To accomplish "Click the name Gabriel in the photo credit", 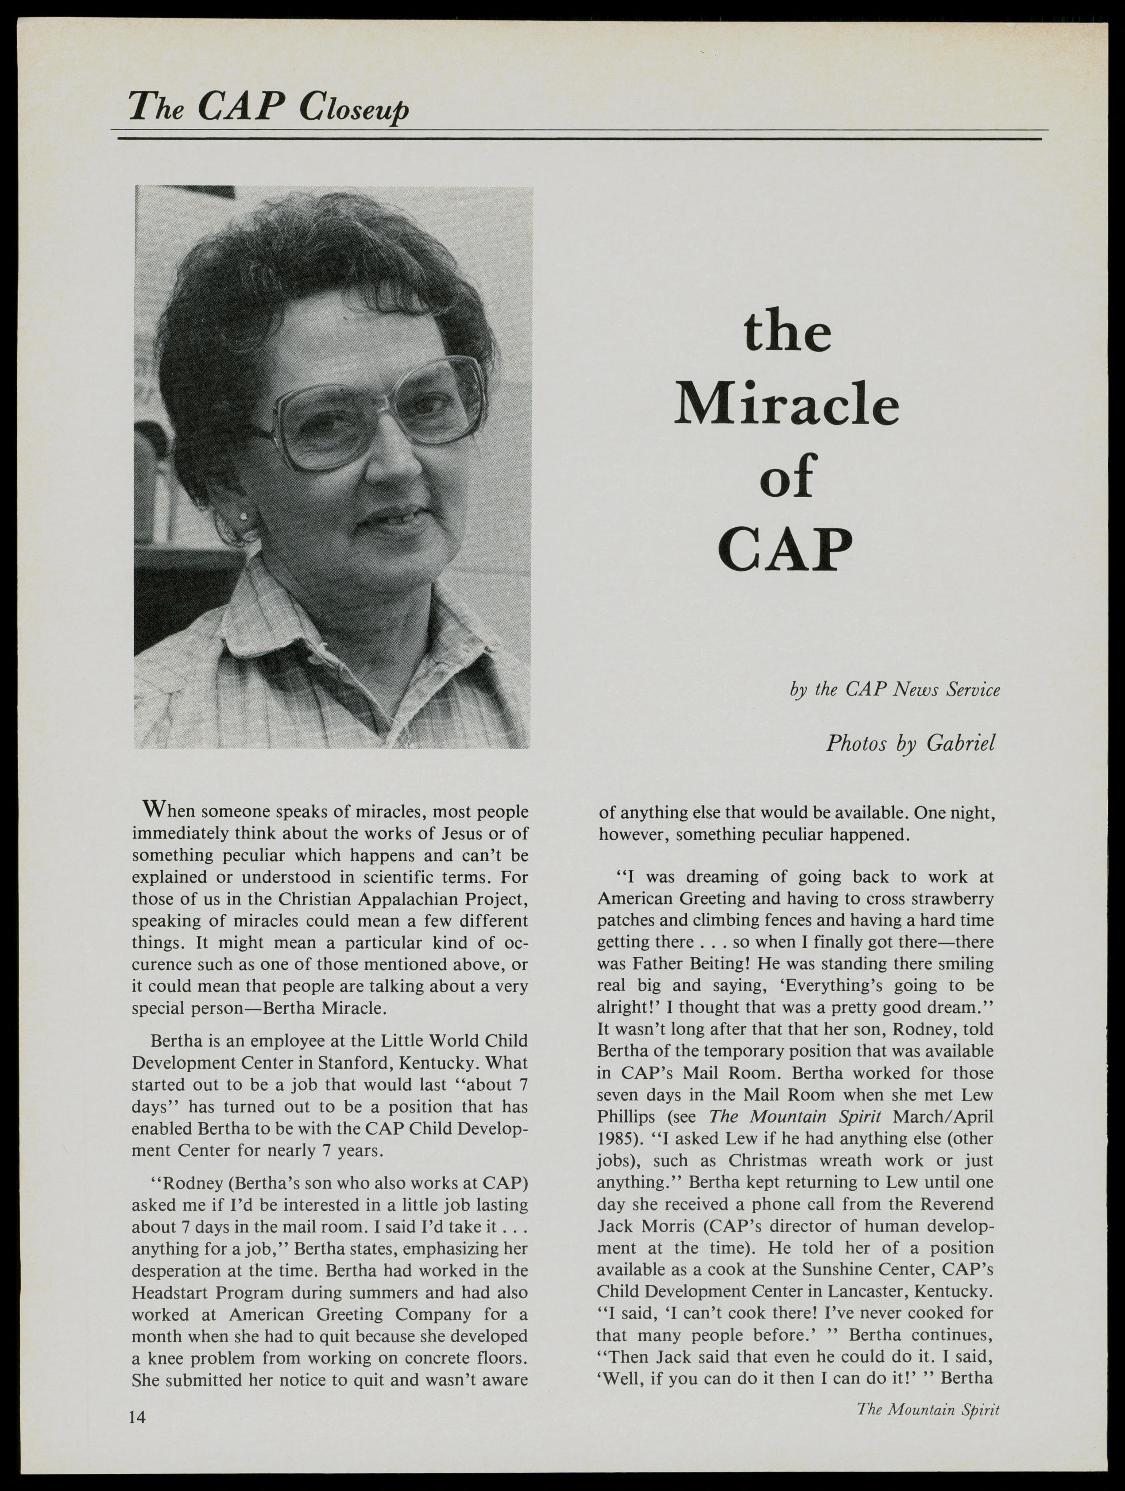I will (x=961, y=743).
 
